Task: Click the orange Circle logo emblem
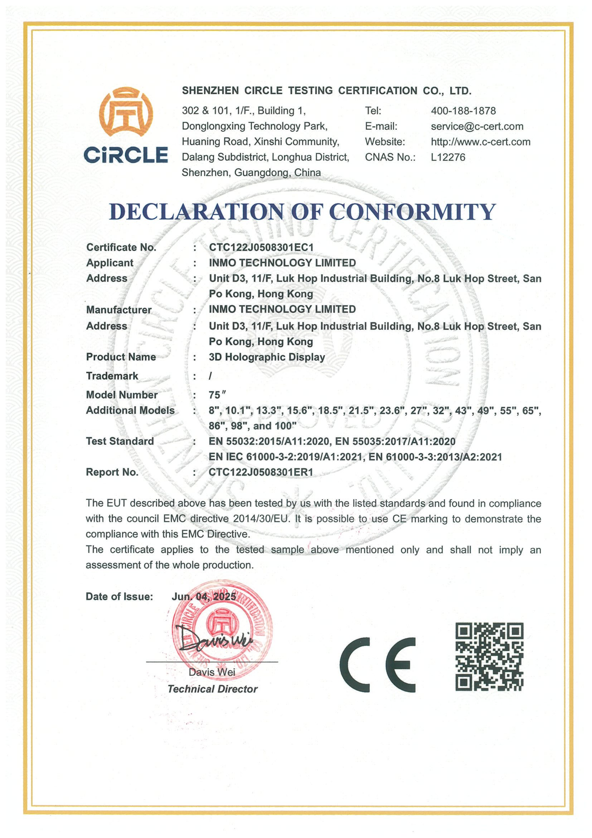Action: [126, 113]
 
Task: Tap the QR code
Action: [489, 657]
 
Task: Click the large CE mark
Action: [377, 665]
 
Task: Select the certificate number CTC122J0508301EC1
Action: [261, 247]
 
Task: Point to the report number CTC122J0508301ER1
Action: [261, 472]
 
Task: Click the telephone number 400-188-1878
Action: [463, 111]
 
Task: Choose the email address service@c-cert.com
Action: [477, 126]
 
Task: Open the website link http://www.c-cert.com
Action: [481, 142]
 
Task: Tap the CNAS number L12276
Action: [448, 157]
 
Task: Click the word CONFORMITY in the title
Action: [412, 212]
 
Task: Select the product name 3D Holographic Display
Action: [267, 357]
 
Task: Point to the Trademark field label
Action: [112, 376]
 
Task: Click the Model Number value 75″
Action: [217, 395]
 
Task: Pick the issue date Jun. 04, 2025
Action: [204, 596]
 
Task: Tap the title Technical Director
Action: [212, 689]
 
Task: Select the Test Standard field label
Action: [120, 441]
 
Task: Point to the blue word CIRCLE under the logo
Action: [126, 155]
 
